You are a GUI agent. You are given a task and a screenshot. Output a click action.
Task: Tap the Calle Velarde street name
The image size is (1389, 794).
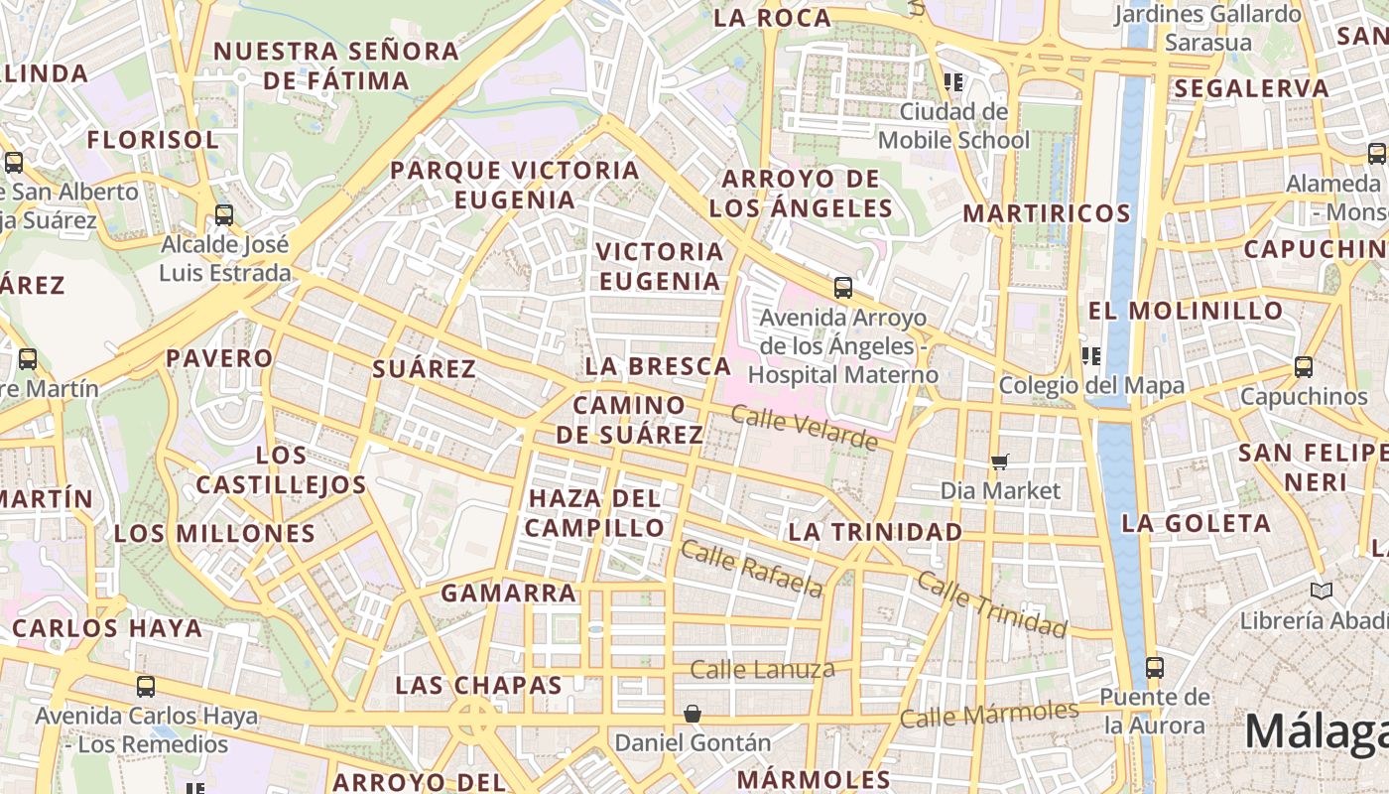pos(805,426)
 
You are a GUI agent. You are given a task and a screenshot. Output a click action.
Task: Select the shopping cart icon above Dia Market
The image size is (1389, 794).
pos(1000,462)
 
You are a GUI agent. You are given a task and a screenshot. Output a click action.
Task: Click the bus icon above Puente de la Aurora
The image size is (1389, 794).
pos(1154,667)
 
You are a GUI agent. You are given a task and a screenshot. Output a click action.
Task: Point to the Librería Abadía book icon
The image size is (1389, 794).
pos(1321,591)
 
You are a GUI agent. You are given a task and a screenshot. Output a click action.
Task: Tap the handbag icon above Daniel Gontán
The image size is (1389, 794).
pos(693,714)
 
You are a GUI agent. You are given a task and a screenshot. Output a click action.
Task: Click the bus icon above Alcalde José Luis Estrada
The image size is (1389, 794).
pos(224,214)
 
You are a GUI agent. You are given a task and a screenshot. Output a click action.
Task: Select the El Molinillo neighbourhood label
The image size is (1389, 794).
pos(1186,311)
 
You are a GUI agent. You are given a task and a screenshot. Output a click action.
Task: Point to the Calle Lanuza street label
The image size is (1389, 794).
pos(762,670)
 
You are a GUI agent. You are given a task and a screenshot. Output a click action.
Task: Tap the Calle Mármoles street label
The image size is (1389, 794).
pos(988,714)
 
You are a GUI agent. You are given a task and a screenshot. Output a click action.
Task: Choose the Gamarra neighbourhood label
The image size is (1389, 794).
pos(508,594)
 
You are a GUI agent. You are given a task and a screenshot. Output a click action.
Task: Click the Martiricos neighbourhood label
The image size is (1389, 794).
pos(1047,213)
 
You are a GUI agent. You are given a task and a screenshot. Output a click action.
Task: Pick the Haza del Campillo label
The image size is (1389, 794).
pos(595,512)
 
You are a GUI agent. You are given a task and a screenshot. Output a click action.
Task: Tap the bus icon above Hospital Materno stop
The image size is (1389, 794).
pos(842,288)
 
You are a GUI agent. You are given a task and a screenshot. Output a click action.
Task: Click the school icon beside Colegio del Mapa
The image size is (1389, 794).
pos(1090,356)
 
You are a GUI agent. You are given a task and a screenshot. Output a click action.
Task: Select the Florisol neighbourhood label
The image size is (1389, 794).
pos(153,140)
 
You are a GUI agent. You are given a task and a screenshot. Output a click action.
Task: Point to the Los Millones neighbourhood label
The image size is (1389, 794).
pos(214,534)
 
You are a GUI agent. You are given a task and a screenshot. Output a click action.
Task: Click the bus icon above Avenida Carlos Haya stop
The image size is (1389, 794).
pos(146,686)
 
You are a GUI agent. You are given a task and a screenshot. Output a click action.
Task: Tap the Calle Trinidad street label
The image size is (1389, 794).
pos(991,603)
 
